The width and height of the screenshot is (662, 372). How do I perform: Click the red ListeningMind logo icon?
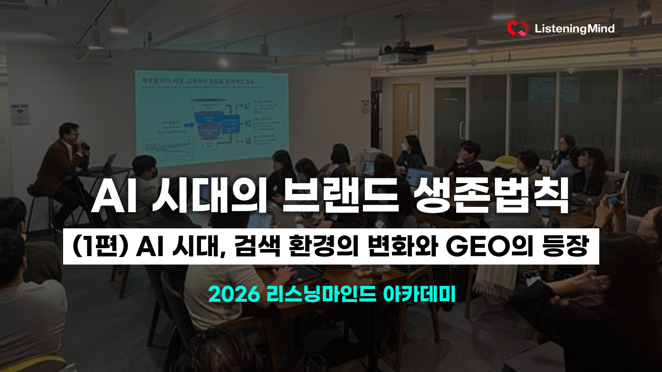[517, 28]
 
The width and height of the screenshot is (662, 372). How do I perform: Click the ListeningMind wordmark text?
[574, 29]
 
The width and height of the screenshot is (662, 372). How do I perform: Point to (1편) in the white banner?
[100, 247]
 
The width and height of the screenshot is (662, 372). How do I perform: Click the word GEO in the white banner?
[478, 247]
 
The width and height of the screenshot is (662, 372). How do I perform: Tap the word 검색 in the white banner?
[257, 247]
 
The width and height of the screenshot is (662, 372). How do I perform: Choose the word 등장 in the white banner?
[565, 247]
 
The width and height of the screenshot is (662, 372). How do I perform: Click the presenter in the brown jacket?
[64, 162]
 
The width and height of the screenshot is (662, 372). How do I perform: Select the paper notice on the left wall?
[20, 115]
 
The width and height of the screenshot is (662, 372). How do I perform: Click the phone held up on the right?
[613, 200]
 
